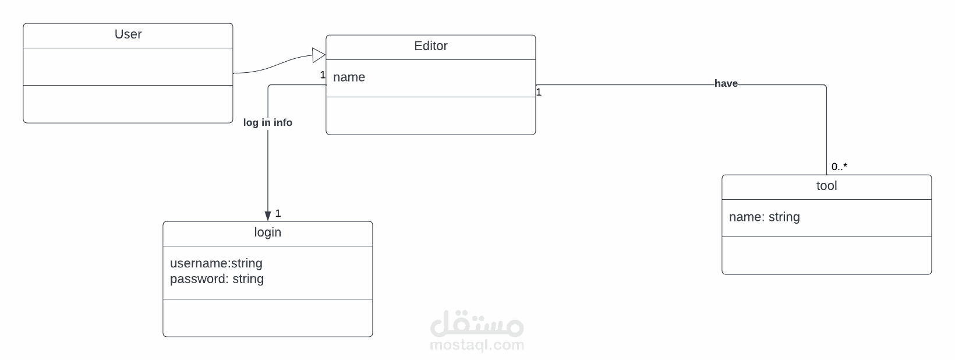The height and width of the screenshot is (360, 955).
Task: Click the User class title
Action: (x=128, y=34)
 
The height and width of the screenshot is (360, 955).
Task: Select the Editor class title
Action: (x=430, y=46)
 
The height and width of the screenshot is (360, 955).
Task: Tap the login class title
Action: (x=267, y=232)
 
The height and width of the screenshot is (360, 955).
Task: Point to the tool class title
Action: (x=826, y=186)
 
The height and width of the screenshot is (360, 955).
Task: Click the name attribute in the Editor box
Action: (x=349, y=77)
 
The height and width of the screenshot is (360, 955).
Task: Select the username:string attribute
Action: (x=216, y=263)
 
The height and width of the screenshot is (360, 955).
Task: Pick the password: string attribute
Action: (x=217, y=279)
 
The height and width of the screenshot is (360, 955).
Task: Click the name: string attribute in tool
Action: (x=764, y=217)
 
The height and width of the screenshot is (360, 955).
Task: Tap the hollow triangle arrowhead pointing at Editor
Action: (x=319, y=55)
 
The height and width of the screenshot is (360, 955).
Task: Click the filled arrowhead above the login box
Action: (x=268, y=216)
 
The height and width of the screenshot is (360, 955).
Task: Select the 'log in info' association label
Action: (x=268, y=122)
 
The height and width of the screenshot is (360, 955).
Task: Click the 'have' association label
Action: (x=726, y=84)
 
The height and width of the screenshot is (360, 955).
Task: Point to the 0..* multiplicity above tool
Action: (x=839, y=167)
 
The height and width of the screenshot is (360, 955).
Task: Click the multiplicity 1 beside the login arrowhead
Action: (x=278, y=213)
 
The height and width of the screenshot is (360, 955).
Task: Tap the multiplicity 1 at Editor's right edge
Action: (x=539, y=92)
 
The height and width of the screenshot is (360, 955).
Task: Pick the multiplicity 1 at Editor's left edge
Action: (x=323, y=75)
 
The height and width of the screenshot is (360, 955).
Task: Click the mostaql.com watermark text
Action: (x=476, y=345)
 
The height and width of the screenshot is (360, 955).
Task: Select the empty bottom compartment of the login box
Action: (x=267, y=317)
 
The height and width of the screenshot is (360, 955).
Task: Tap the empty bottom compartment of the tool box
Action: (x=826, y=255)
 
